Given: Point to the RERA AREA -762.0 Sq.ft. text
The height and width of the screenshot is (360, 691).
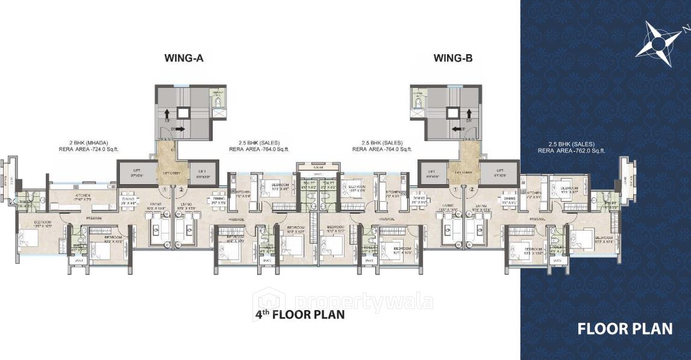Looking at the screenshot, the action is (572, 151).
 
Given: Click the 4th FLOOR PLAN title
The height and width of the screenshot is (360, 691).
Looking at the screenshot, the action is (299, 314).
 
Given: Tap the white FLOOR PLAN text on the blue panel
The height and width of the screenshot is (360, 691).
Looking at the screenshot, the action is (625, 329).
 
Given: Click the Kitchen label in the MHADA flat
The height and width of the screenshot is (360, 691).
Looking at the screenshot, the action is (82, 196).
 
